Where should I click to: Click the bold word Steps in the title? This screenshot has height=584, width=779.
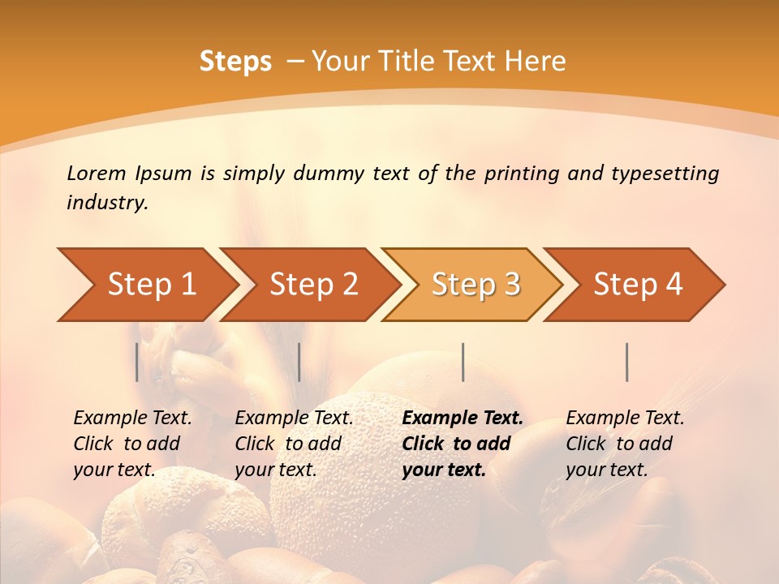(x=235, y=62)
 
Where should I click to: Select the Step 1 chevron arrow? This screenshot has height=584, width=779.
(x=146, y=284)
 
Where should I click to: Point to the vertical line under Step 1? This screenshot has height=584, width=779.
(x=137, y=362)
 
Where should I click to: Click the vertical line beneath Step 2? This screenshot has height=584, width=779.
(x=299, y=362)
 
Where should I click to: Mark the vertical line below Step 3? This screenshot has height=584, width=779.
(x=463, y=362)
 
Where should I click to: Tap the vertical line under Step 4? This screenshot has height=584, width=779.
(x=626, y=362)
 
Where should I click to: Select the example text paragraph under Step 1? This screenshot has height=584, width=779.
(x=132, y=444)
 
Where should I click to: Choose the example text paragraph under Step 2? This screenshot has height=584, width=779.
(x=294, y=444)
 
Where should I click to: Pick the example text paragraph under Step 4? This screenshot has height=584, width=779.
(x=625, y=444)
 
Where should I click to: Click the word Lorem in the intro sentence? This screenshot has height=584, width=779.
(x=97, y=173)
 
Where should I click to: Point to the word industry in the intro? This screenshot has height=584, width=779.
(x=106, y=203)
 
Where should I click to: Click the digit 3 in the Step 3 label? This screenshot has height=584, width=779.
(x=511, y=284)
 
